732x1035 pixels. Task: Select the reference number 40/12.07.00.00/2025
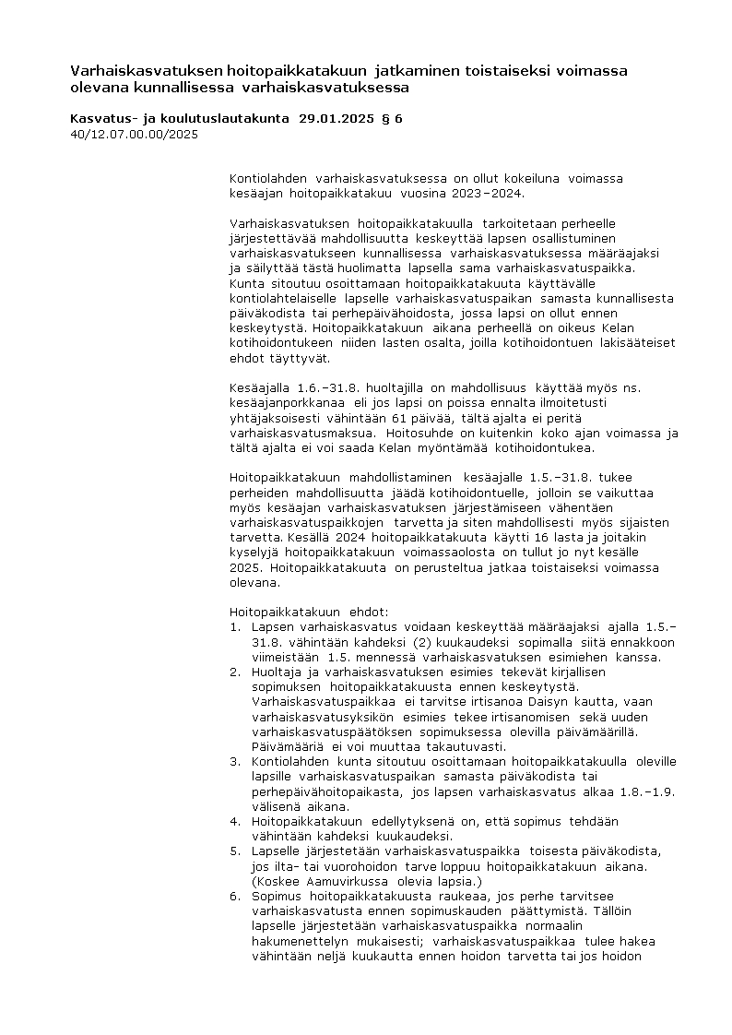point(134,134)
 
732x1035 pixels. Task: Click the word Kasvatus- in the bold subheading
point(100,119)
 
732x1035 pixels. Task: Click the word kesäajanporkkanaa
point(289,403)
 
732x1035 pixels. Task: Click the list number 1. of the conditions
point(235,626)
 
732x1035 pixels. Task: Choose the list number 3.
point(235,761)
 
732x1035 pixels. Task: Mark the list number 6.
point(235,895)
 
